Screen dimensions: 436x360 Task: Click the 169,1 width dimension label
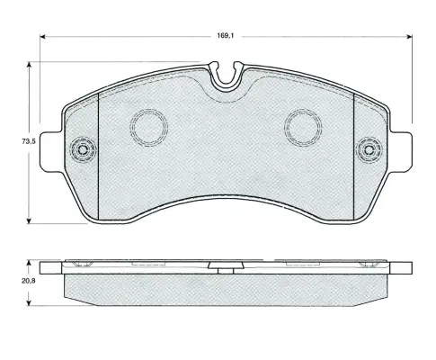pyautogui.click(x=226, y=36)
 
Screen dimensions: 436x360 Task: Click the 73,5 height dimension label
pyautogui.click(x=29, y=141)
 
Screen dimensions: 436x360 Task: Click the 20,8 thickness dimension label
pyautogui.click(x=29, y=281)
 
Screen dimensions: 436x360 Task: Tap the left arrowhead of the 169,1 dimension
pyautogui.click(x=42, y=37)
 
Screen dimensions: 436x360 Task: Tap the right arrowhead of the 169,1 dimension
pyautogui.click(x=409, y=37)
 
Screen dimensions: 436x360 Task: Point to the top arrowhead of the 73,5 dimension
pyautogui.click(x=29, y=65)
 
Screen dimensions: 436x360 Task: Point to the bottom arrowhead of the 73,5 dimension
pyautogui.click(x=29, y=220)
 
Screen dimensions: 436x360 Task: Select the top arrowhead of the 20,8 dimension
pyautogui.click(x=29, y=263)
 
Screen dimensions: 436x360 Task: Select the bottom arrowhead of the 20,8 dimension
pyautogui.click(x=29, y=303)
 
